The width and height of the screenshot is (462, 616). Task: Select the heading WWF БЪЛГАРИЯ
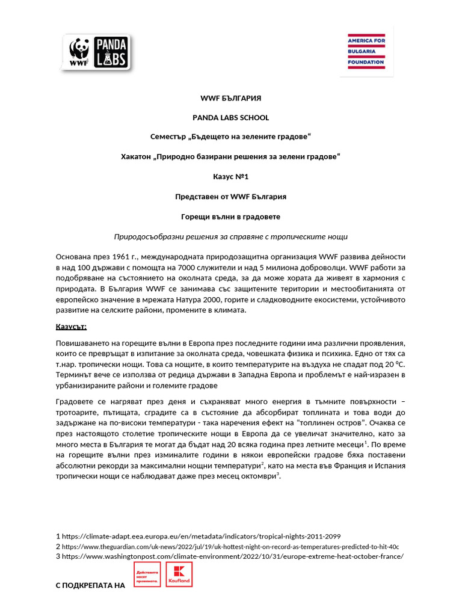click(230, 98)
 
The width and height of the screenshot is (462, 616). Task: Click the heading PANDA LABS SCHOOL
click(230, 118)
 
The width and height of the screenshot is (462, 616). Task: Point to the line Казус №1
click(230, 177)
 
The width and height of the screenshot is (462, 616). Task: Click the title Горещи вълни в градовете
click(230, 217)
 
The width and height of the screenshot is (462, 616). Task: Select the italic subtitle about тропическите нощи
click(230, 236)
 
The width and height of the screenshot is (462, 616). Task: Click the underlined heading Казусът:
click(71, 327)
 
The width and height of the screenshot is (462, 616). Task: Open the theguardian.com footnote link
click(230, 546)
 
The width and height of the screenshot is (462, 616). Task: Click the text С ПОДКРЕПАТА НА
click(90, 585)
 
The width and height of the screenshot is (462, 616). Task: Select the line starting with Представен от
click(230, 197)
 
